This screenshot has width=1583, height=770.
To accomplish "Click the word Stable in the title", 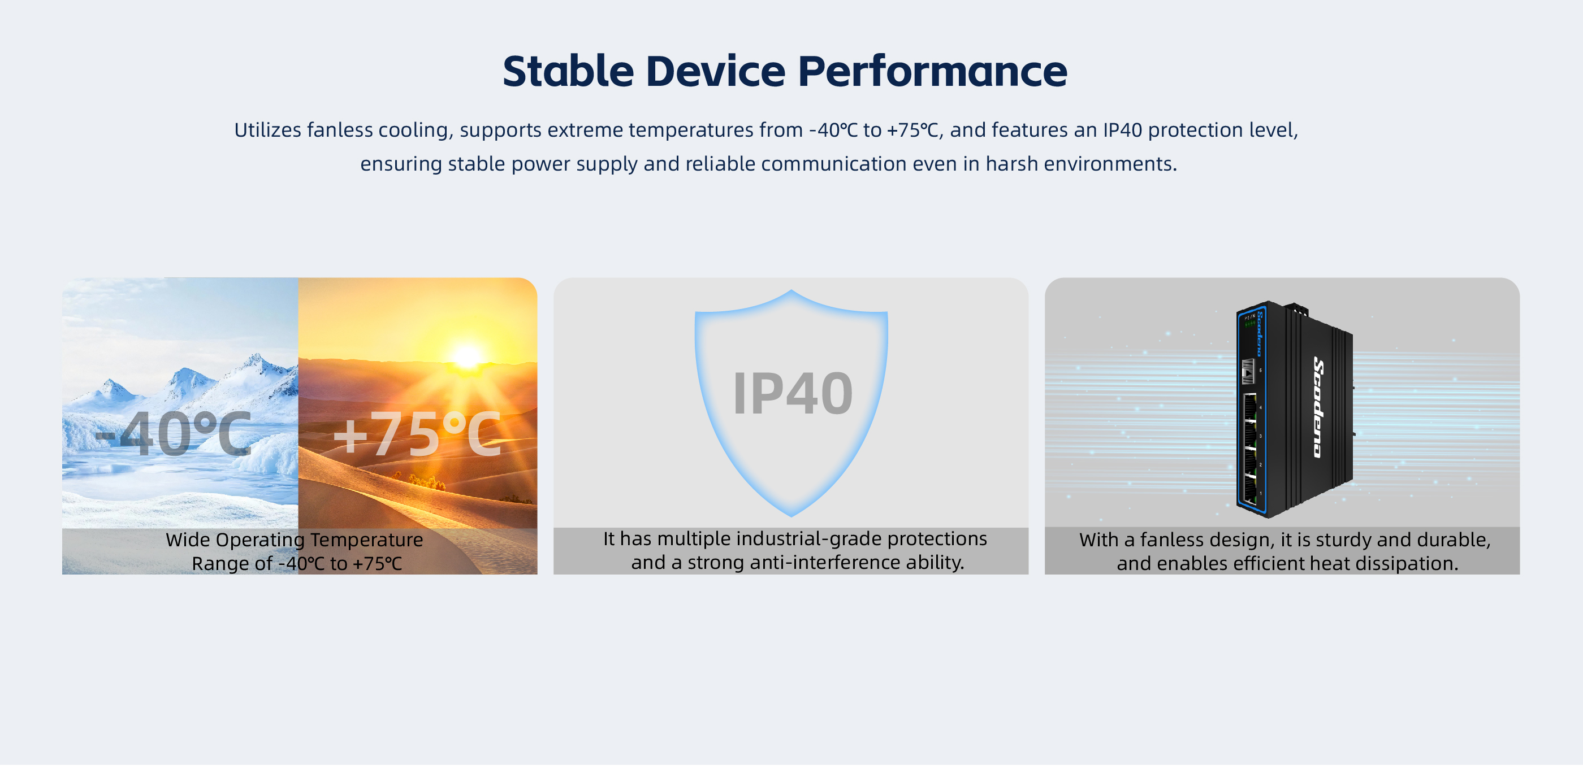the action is click(568, 71).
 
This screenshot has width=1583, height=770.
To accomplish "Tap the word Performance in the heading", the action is click(932, 71).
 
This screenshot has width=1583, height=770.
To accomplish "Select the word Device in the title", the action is click(716, 71).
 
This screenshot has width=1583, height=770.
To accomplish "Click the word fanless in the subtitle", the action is click(340, 129).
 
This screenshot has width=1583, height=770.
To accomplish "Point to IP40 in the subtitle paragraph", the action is click(1122, 129).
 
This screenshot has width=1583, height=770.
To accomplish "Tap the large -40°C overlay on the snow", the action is click(174, 434).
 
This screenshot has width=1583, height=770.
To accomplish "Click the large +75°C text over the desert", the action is click(417, 434).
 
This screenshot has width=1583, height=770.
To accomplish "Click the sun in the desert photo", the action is click(466, 357).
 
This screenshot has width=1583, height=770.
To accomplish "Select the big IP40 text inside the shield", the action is click(793, 394).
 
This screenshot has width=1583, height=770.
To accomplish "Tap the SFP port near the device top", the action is click(1248, 372).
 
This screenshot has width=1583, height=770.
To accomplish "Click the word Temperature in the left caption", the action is click(366, 540).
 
